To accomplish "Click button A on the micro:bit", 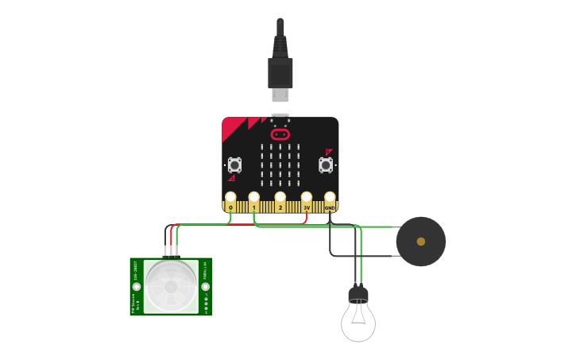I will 234,165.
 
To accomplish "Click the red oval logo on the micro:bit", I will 280,134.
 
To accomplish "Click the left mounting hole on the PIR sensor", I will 137,286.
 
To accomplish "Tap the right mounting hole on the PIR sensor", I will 206,286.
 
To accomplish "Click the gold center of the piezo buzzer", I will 421,242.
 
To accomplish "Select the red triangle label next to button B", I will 328,151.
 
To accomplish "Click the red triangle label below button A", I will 232,178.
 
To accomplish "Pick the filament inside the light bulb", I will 358,315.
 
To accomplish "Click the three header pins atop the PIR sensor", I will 171,253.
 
